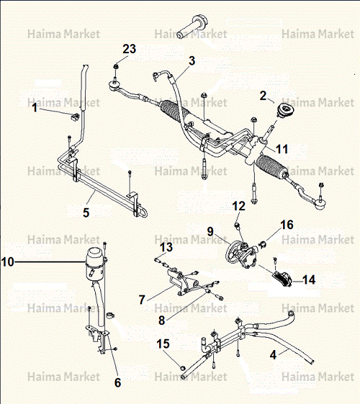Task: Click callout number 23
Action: (x=130, y=49)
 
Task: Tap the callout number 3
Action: (x=192, y=60)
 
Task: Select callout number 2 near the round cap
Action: (x=263, y=96)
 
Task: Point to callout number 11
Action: (x=282, y=149)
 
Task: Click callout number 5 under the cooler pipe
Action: (x=86, y=212)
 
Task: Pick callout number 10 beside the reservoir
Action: (x=7, y=262)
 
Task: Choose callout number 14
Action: (x=309, y=279)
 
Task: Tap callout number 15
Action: (x=163, y=344)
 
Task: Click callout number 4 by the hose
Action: (x=273, y=355)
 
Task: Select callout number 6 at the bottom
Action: (x=117, y=382)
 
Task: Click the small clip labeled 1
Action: (x=75, y=117)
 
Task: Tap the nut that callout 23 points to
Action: (x=116, y=66)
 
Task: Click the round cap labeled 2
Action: (x=286, y=110)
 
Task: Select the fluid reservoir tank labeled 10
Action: (x=94, y=264)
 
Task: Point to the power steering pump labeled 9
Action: (x=241, y=254)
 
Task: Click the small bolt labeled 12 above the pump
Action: (x=237, y=225)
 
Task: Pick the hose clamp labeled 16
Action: (x=262, y=244)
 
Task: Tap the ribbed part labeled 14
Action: (x=282, y=279)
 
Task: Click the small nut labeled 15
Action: (x=183, y=367)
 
